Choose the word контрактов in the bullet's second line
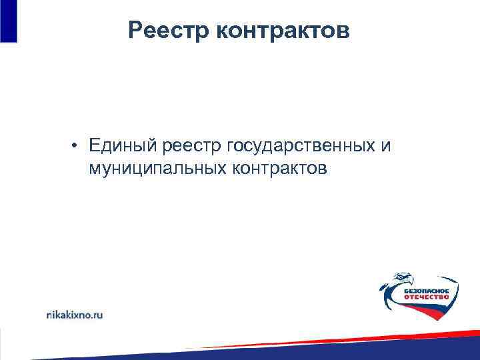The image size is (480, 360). [280, 169]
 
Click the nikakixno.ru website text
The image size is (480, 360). [74, 313]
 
